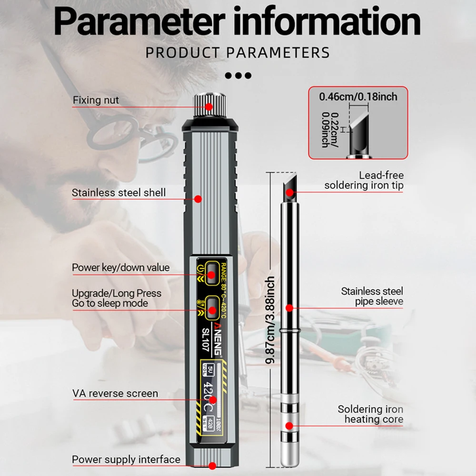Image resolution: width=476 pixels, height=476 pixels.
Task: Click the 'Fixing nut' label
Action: pos(96,100)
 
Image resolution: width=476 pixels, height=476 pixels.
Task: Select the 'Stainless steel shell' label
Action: pos(119,193)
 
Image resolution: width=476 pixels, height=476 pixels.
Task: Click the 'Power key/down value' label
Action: pos(120,268)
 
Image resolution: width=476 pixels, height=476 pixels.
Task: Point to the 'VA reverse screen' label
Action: pos(115,394)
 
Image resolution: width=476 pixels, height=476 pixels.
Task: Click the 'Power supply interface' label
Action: pos(126,460)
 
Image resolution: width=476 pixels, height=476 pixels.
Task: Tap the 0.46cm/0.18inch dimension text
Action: pos(358,97)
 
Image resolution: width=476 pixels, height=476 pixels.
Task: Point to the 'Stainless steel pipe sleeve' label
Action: pos(372,296)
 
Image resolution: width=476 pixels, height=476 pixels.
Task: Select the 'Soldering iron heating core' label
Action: pos(370,414)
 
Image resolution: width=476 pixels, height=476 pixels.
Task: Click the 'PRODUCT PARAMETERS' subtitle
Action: pos(238,52)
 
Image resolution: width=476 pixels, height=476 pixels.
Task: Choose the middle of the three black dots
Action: pos(238,75)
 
